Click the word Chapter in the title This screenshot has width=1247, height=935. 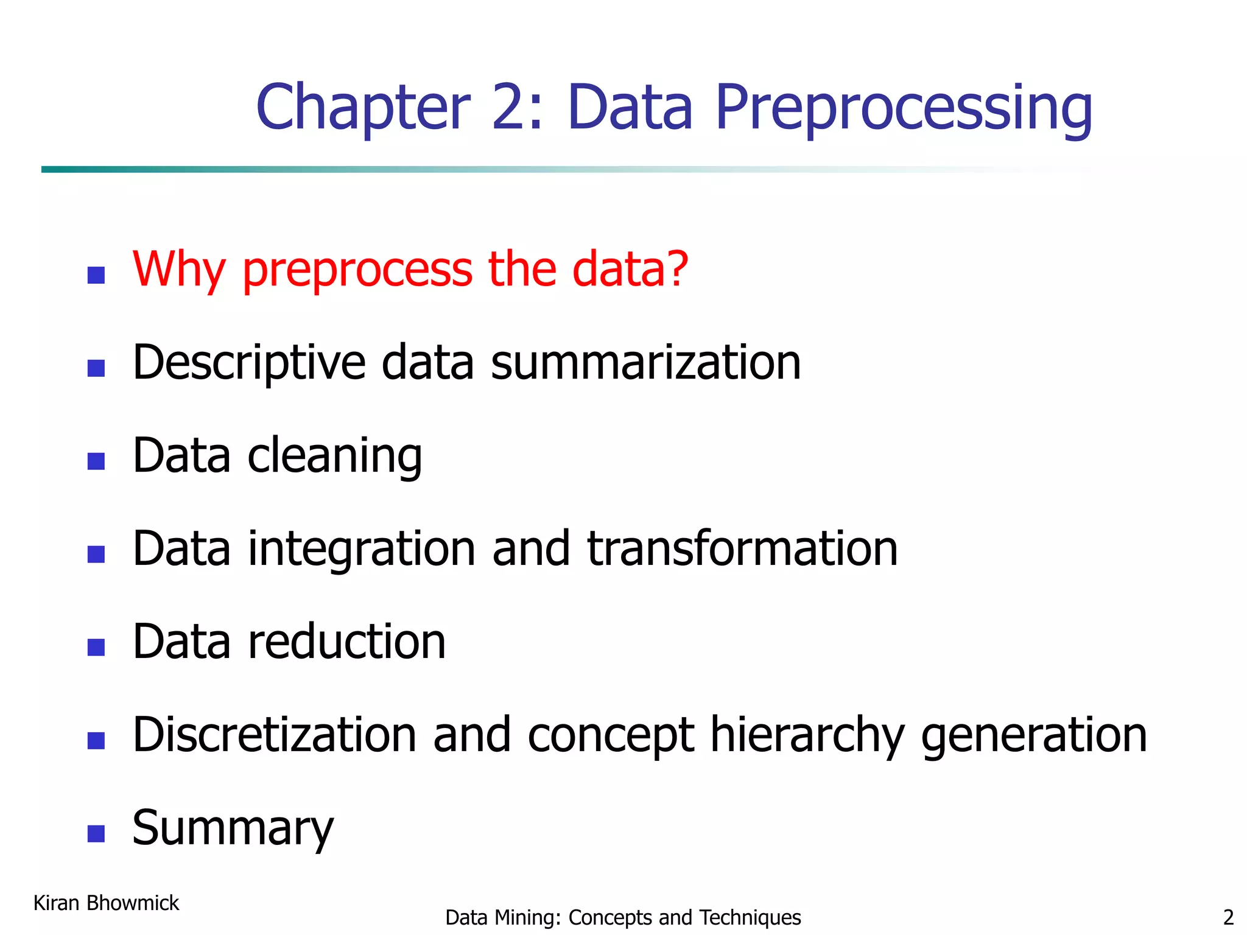tap(363, 107)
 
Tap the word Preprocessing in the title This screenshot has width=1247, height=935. tap(904, 108)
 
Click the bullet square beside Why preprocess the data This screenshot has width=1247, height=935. tap(96, 275)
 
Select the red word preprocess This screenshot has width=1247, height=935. tap(357, 270)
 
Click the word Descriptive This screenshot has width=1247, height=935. tap(249, 363)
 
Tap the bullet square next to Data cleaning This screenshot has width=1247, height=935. tap(96, 461)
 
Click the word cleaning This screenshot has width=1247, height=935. tap(334, 457)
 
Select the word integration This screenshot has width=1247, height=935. tap(362, 550)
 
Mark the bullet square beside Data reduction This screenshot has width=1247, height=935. tap(96, 647)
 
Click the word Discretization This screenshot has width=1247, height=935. tap(275, 735)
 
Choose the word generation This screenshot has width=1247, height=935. tap(1033, 736)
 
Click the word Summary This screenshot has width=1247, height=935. tap(233, 828)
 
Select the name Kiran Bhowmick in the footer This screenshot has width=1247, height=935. tap(106, 903)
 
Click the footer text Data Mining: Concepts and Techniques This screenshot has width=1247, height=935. tap(622, 917)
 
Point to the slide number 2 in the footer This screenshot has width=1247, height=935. tap(1228, 917)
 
